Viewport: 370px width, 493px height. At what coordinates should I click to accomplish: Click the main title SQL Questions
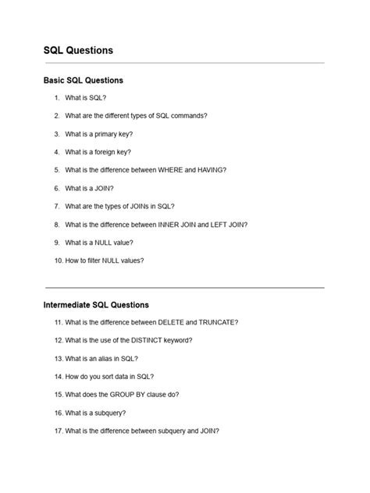tap(78, 50)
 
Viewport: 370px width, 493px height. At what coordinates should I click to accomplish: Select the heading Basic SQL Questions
tap(83, 80)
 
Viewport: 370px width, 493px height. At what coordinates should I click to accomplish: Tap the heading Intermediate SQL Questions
tap(95, 305)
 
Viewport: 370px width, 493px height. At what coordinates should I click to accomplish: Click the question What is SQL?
tap(86, 98)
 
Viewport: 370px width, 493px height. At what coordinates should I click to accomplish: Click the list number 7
tap(57, 206)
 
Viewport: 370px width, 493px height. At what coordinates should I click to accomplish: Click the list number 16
tap(58, 412)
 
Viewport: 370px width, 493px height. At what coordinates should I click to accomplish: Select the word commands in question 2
tap(190, 115)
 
